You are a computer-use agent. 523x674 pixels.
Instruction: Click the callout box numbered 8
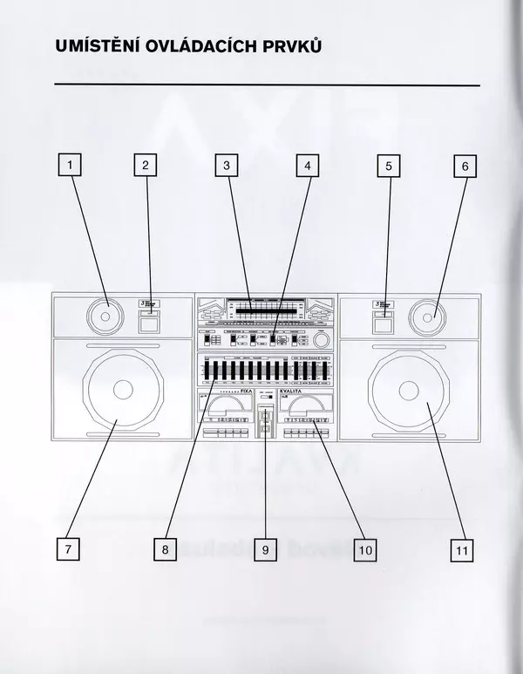165,549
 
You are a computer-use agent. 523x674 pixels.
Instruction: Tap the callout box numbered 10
364,549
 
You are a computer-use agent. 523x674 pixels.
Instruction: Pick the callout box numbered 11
462,549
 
